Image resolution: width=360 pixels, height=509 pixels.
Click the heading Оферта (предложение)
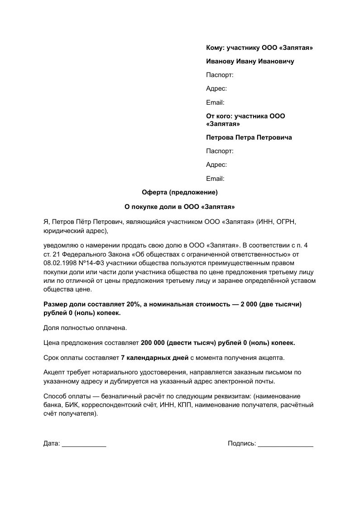click(180, 192)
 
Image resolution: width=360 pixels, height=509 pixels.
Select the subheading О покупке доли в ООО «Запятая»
click(180, 206)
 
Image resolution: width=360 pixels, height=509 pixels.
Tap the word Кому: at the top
click(215, 48)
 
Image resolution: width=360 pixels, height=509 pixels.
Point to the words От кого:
click(220, 116)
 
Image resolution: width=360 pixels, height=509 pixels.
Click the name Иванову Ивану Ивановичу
click(250, 61)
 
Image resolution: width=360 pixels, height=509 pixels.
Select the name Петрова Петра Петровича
click(249, 137)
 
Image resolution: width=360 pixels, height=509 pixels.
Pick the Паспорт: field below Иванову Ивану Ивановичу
click(220, 75)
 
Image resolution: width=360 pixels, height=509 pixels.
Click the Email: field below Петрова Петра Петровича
click(215, 179)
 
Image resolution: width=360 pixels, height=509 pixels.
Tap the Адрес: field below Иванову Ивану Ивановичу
click(216, 89)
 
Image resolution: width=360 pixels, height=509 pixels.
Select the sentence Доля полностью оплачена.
click(79, 327)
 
